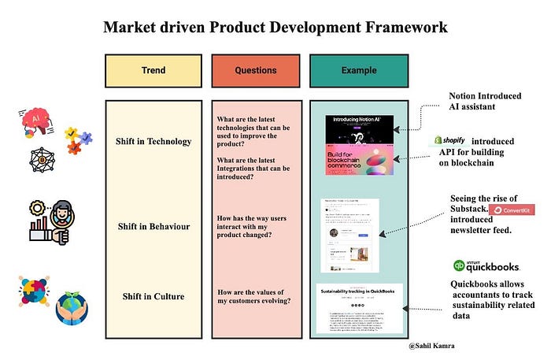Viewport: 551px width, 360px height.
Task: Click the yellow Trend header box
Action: pos(154,70)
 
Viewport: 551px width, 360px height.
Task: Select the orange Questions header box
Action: pos(256,70)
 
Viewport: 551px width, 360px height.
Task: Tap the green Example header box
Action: pos(358,70)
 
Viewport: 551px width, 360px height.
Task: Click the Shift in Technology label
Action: pos(154,141)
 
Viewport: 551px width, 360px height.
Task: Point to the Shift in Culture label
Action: pos(154,296)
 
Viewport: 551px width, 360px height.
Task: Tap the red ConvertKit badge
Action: pos(512,210)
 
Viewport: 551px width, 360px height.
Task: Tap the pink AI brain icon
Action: pos(34,120)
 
